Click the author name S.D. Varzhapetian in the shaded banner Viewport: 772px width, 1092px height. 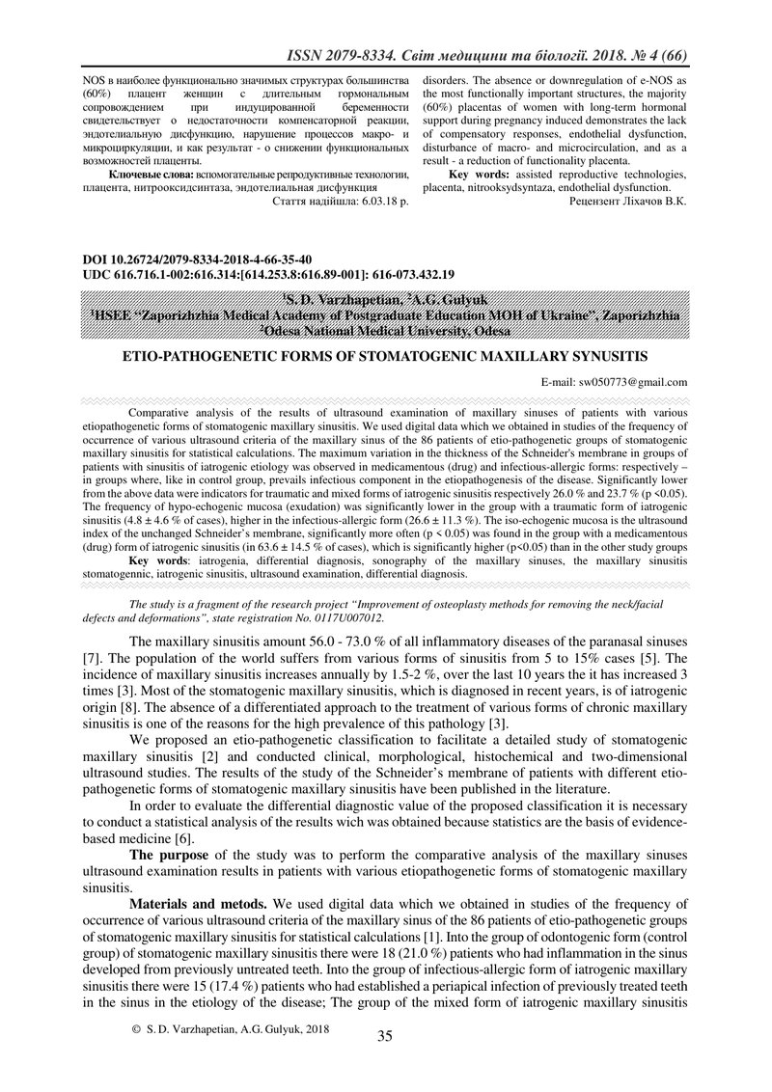[x=338, y=301]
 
